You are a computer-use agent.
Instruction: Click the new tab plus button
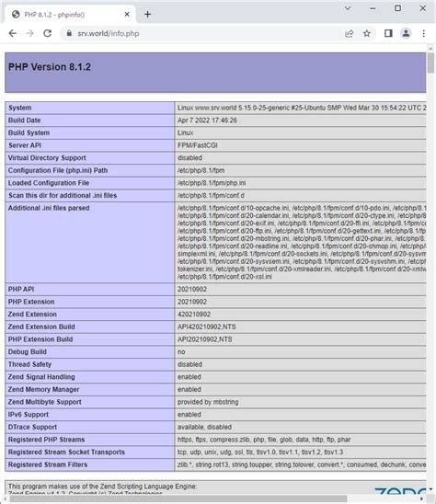pos(147,14)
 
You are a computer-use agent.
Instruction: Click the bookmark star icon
pos(367,33)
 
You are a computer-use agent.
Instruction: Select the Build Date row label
pos(25,120)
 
